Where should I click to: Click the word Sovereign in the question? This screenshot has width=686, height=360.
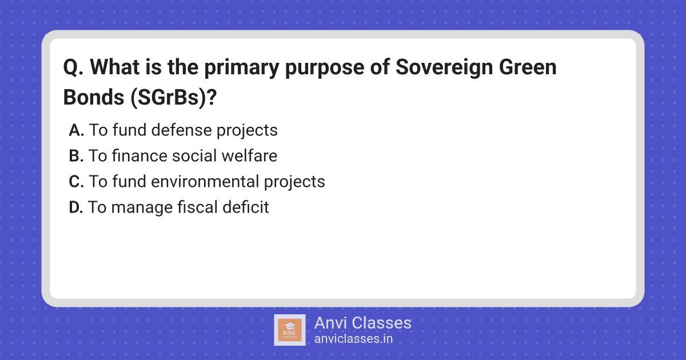click(444, 68)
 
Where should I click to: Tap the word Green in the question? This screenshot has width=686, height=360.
click(527, 67)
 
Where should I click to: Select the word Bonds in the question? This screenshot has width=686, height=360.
click(93, 97)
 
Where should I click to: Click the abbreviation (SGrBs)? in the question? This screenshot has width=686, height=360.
click(174, 98)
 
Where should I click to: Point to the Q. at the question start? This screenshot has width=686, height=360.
click(74, 67)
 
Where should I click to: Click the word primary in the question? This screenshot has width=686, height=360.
click(242, 68)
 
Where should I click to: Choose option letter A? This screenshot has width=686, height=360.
click(76, 130)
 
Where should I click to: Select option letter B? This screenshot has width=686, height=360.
click(76, 156)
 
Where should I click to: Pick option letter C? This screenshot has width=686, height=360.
click(76, 182)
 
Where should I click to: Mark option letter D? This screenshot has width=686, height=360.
click(76, 207)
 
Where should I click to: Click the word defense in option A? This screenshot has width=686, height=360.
click(181, 130)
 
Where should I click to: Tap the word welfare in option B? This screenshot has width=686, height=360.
click(249, 155)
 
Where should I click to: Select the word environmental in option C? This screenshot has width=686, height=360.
click(205, 181)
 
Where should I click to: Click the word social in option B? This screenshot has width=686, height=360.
click(194, 155)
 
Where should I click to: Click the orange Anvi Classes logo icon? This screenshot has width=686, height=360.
click(290, 330)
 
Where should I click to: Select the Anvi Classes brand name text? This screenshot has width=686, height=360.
click(363, 323)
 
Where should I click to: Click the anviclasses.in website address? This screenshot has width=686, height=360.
click(353, 339)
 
